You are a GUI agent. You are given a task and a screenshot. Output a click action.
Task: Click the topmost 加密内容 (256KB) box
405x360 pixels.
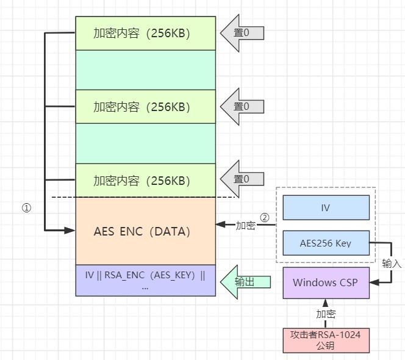tap(145, 33)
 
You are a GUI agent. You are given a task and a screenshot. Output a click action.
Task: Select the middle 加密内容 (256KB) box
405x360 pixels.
tap(145, 107)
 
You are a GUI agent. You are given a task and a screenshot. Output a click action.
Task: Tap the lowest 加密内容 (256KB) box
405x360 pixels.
tap(145, 181)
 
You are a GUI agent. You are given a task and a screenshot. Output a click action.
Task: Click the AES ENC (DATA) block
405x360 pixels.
tap(145, 231)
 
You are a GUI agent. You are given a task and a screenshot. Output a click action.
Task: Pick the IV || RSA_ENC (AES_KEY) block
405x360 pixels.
tap(145, 281)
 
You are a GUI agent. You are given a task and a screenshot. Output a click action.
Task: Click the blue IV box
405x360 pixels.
tap(326, 207)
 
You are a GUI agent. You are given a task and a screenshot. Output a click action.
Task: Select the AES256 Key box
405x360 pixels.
tap(326, 243)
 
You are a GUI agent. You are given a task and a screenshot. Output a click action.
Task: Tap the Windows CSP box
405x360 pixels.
tap(326, 283)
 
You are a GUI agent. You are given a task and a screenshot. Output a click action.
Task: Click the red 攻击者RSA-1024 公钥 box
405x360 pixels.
tap(326, 340)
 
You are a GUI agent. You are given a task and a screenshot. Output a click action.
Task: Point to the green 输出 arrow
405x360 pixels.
tap(242, 282)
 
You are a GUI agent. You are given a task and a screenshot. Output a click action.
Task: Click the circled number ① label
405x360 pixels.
tap(26, 207)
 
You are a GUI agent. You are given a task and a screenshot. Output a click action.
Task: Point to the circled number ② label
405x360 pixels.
tap(264, 217)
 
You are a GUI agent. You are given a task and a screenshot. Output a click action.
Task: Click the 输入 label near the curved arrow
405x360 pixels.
tap(392, 263)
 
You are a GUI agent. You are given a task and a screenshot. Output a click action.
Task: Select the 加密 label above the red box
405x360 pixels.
tap(326, 314)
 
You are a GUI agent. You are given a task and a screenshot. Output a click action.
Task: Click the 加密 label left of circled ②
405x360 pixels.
tap(245, 226)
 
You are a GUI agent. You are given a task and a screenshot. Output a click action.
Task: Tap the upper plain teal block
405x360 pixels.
tap(145, 70)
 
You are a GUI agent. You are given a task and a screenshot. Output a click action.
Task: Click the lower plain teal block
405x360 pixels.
tap(145, 143)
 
